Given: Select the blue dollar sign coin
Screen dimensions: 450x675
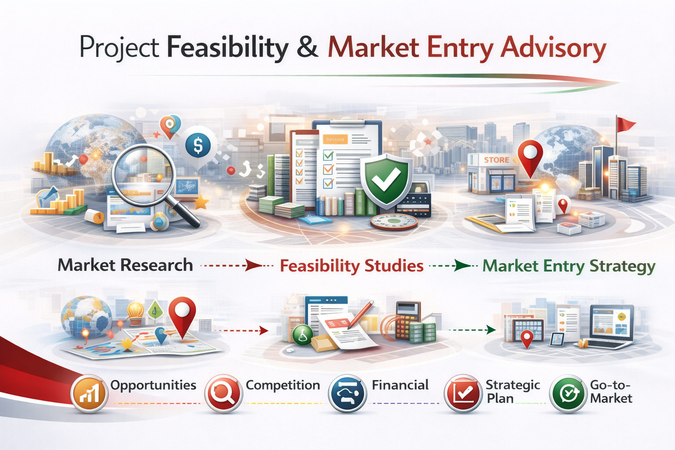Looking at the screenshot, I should coord(198,145).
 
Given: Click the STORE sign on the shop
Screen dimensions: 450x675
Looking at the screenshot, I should coord(496,160).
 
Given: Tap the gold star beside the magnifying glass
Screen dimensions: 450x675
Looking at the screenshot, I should coord(201,203).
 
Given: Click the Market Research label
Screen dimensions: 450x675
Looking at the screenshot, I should coord(125,265).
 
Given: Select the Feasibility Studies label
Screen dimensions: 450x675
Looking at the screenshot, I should coord(352,266).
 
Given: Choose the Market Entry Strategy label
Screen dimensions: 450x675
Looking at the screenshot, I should coord(569,266).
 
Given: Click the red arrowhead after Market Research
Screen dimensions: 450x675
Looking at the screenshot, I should coord(254,265).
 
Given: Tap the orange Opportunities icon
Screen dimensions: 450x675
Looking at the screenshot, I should coord(90,393).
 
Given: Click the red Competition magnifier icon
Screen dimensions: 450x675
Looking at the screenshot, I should coord(223,393).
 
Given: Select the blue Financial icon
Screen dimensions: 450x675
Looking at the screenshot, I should coord(347,393).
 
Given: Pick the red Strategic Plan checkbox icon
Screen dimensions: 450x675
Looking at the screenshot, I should coord(463,393).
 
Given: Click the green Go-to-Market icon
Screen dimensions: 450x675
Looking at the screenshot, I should coord(568,393).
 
